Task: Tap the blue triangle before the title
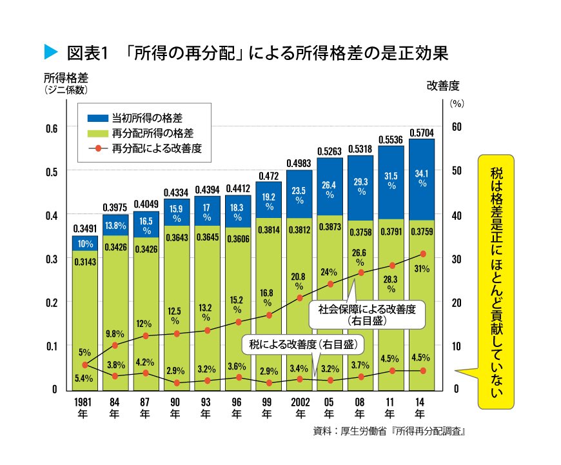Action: [49, 52]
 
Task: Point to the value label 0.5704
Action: [421, 132]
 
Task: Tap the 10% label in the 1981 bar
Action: [84, 244]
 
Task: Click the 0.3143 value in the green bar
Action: [84, 261]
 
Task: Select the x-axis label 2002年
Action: [299, 408]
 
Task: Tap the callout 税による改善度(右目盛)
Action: [303, 344]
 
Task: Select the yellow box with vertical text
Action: [495, 281]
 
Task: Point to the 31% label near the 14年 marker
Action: [422, 269]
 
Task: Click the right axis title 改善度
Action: [442, 84]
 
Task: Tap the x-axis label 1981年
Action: [84, 408]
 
